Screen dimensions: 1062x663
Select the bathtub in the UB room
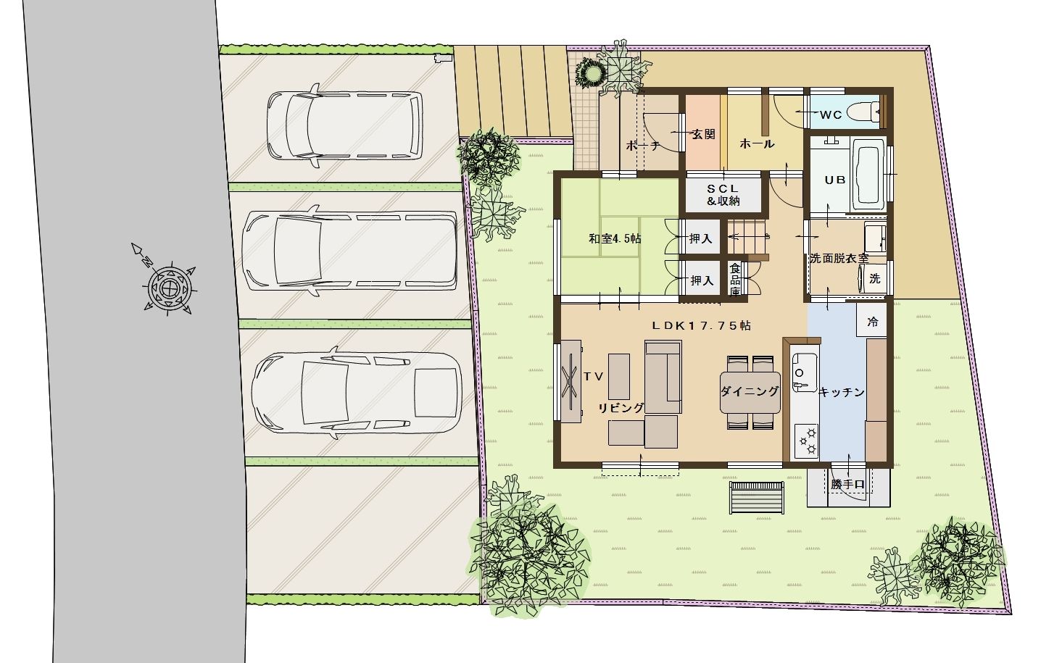869,175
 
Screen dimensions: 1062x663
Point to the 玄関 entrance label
704,135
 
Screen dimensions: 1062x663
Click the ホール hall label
757,143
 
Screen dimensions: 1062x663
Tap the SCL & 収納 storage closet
723,195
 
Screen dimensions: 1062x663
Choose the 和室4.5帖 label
615,238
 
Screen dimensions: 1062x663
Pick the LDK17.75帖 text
701,325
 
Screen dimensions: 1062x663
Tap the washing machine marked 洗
874,278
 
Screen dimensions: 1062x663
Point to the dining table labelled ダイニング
750,392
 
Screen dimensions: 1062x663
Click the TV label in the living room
593,377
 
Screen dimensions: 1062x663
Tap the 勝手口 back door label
847,484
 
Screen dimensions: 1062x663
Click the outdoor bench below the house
757,498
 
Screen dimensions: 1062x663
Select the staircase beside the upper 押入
746,238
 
